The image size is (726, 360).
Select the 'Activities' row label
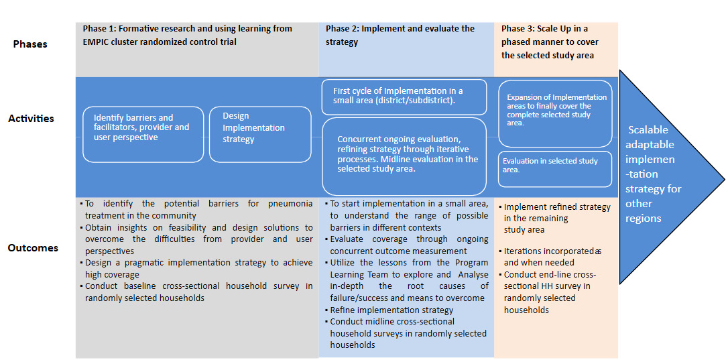click(x=31, y=119)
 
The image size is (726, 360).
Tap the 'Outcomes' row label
click(x=33, y=247)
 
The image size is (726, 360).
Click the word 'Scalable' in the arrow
click(x=648, y=130)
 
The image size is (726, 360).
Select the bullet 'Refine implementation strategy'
click(x=391, y=310)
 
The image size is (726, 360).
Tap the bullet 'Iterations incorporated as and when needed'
click(x=552, y=257)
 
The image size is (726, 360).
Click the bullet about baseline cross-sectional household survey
click(x=198, y=292)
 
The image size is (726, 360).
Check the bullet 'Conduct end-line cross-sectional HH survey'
click(x=550, y=292)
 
